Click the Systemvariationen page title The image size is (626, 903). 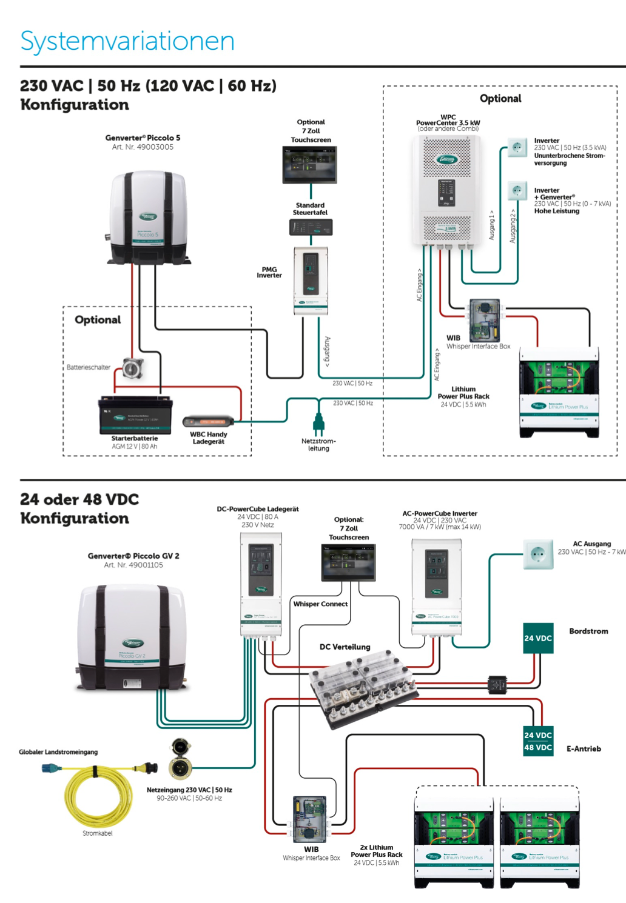(x=127, y=41)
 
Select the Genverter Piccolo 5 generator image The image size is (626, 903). (x=149, y=217)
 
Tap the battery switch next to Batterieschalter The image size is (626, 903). (x=133, y=368)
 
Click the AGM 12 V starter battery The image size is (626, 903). (x=136, y=415)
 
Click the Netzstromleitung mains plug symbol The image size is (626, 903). (x=318, y=423)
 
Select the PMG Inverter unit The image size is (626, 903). (x=311, y=280)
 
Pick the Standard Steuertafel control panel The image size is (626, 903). (x=311, y=227)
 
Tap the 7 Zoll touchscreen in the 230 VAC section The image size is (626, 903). (x=310, y=164)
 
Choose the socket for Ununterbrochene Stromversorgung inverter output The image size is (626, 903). (x=517, y=147)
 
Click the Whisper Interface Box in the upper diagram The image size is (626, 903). (x=485, y=321)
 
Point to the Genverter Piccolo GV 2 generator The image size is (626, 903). (x=132, y=638)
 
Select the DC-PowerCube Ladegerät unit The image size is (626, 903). (x=261, y=585)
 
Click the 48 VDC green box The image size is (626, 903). (x=538, y=747)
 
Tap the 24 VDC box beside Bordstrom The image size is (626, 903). (x=538, y=638)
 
